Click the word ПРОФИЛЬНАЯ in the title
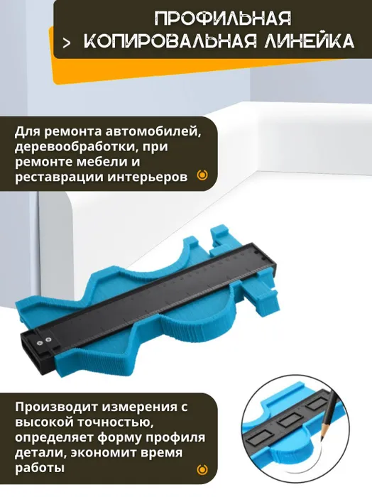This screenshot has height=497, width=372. coord(223,18)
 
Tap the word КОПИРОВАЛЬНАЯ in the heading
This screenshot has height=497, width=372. coord(171,41)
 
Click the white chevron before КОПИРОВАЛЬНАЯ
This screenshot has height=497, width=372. coord(66,43)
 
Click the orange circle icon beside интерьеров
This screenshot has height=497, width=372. coord(202,175)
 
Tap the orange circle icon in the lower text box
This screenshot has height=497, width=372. coord(202,469)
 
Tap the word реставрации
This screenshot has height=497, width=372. coord(58,177)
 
